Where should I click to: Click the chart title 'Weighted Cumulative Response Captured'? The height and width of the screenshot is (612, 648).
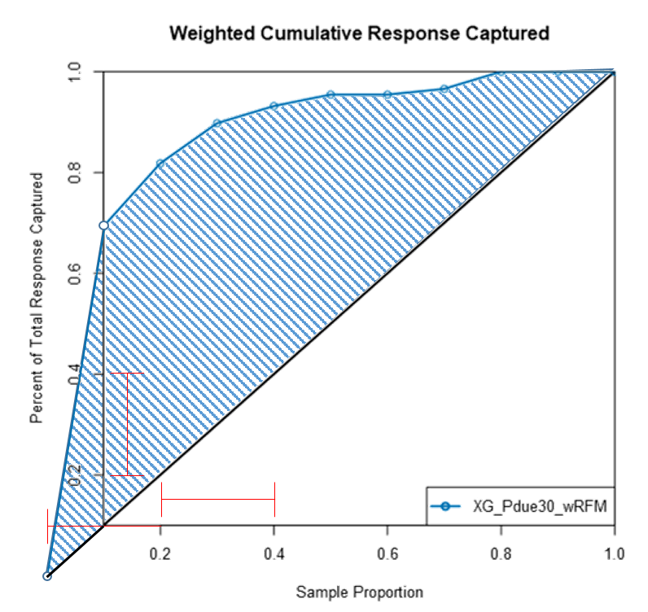coord(359,33)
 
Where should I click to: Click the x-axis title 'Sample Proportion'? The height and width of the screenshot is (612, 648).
coord(359,592)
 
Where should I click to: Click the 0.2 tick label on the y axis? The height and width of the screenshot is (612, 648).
coord(75,474)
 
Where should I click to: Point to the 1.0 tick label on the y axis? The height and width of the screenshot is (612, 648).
coord(75,72)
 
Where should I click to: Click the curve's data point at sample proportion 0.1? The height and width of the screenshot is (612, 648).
coord(103,225)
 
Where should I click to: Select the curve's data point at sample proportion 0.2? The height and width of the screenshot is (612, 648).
coord(160,163)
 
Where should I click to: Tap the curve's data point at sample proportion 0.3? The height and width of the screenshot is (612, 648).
coord(217,123)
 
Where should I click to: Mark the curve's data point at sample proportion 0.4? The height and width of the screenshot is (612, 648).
coord(274,105)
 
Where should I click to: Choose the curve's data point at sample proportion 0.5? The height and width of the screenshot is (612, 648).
coord(331,94)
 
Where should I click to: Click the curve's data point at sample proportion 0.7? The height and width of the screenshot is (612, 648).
coord(444,88)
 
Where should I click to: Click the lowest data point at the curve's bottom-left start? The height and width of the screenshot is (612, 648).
coord(47,576)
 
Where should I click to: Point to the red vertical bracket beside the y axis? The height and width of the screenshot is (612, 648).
coord(128,424)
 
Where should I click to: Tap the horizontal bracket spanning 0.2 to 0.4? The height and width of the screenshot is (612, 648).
coord(218,500)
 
